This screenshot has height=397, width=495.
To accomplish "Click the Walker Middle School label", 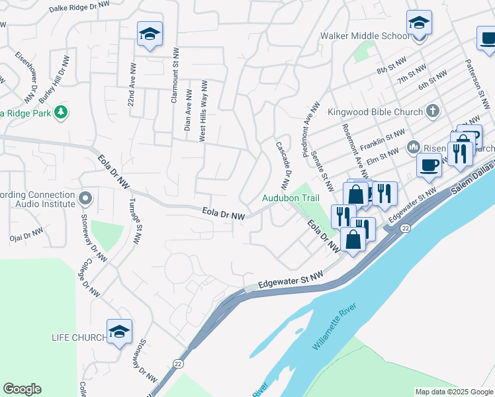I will pyautogui.click(x=365, y=36).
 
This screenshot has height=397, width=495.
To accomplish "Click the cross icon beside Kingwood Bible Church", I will pyautogui.click(x=433, y=111).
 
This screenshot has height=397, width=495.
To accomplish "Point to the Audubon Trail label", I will pyautogui.click(x=291, y=198).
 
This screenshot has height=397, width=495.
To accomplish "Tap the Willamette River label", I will pyautogui.click(x=335, y=329).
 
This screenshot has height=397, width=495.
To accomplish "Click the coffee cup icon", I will pyautogui.click(x=429, y=165).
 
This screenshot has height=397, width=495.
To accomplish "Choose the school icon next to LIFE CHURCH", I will pyautogui.click(x=119, y=332).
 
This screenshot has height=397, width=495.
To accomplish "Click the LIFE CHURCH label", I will pyautogui.click(x=79, y=337).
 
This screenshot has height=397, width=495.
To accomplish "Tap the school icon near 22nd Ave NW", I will pyautogui.click(x=150, y=34).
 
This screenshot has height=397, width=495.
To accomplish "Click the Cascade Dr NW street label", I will pyautogui.click(x=284, y=167).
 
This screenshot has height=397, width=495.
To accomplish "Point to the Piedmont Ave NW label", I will pyautogui.click(x=311, y=129).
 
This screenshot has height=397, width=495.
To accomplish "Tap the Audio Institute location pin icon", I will pyautogui.click(x=85, y=198).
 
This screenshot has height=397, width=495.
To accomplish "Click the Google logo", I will pyautogui.click(x=22, y=389).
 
